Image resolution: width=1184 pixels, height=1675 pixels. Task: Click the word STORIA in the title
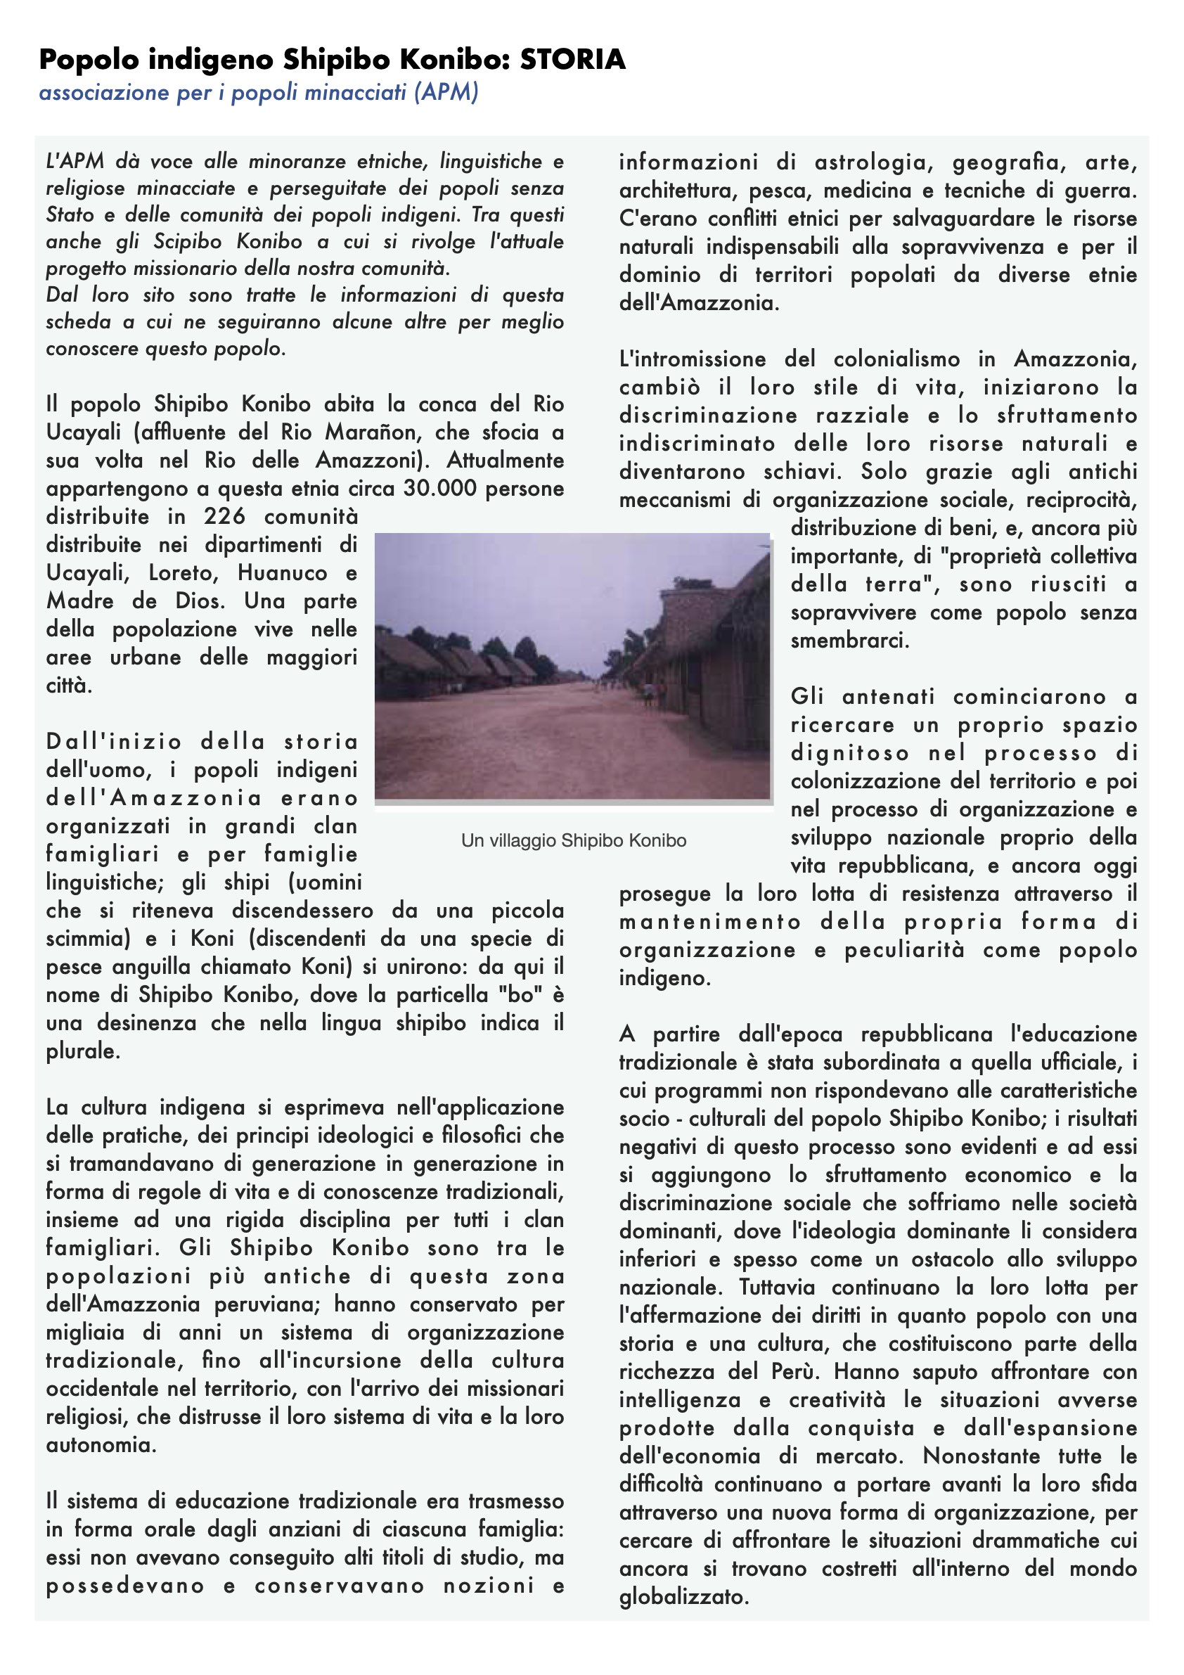pos(573,59)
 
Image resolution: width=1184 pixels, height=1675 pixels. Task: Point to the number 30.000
pos(441,488)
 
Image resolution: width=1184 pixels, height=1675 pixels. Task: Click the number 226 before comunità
pos(224,517)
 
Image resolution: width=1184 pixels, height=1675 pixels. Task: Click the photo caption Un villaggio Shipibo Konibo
pos(574,840)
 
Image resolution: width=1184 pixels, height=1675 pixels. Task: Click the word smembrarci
pos(849,641)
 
